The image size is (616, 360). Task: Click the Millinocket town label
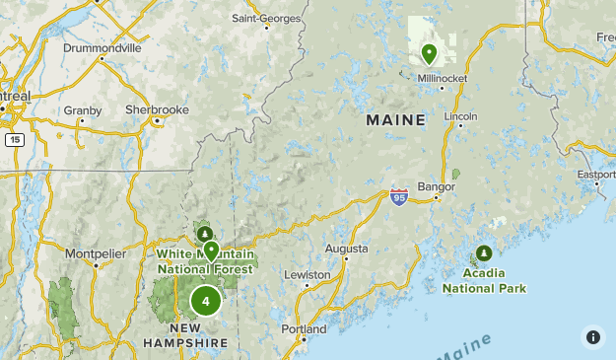(442, 79)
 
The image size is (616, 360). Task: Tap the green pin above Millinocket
(429, 53)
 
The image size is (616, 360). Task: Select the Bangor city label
(437, 185)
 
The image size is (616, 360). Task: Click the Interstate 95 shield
(398, 197)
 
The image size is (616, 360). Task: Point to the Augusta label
(346, 249)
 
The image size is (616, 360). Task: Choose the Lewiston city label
(308, 274)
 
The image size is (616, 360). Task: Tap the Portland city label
(304, 328)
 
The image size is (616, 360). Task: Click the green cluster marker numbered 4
(205, 301)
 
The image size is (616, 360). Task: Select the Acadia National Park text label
(483, 281)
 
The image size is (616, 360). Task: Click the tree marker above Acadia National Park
(484, 253)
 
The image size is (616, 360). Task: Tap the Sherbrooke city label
(157, 109)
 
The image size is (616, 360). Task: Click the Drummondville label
(102, 47)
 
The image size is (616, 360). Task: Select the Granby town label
(83, 110)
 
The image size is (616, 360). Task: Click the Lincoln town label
(460, 115)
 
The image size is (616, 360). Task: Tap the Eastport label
(596, 175)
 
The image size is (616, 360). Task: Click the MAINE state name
(396, 120)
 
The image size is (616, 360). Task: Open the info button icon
(593, 336)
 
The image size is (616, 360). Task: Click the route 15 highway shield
(14, 140)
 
